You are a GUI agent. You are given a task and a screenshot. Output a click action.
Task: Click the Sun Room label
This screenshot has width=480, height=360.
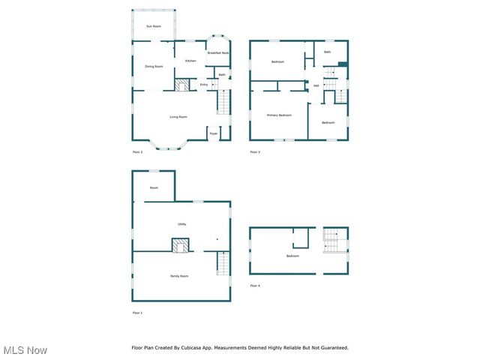point(153,26)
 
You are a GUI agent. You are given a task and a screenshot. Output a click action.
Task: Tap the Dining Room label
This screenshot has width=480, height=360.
point(154,67)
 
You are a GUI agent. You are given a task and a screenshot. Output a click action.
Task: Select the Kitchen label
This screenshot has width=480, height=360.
point(190,61)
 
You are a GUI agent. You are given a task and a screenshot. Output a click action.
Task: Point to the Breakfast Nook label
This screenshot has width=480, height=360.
point(218,53)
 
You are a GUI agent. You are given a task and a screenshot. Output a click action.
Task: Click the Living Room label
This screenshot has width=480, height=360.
point(178,117)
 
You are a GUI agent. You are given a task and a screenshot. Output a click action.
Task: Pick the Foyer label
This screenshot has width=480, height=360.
point(214,133)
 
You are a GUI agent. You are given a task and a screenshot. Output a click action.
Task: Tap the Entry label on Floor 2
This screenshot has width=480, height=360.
point(204,85)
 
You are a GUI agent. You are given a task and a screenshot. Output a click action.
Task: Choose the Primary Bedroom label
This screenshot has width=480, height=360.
point(279,115)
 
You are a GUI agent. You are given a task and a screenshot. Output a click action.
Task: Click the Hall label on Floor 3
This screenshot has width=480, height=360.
point(316,86)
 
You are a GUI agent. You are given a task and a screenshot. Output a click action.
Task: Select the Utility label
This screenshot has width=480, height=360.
point(181,224)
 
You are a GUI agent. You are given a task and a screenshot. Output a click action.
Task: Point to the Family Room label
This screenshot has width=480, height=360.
point(178,277)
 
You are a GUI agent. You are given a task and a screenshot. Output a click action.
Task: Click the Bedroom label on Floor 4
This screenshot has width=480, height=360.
point(292,256)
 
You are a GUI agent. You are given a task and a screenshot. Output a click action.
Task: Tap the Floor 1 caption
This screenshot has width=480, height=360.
point(137,313)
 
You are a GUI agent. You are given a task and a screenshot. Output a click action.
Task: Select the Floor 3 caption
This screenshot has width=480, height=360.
point(255,152)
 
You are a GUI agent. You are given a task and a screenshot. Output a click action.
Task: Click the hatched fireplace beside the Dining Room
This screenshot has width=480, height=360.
point(181,85)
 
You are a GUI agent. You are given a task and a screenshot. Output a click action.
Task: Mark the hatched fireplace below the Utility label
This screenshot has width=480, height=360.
point(180,245)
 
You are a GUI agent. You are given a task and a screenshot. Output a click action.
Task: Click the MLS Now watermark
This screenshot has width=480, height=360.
point(25,350)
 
